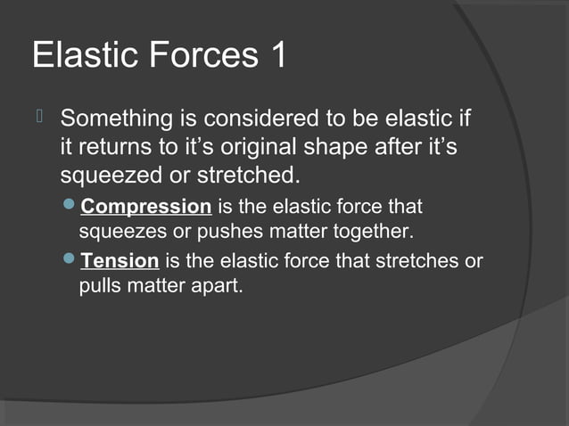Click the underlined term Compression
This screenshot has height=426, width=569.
(146, 208)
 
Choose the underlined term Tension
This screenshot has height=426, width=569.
(120, 262)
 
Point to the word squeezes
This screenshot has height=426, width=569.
(116, 233)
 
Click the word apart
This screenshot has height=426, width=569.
(219, 288)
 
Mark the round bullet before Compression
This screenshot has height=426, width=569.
(71, 208)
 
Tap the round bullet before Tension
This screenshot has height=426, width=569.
(71, 262)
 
